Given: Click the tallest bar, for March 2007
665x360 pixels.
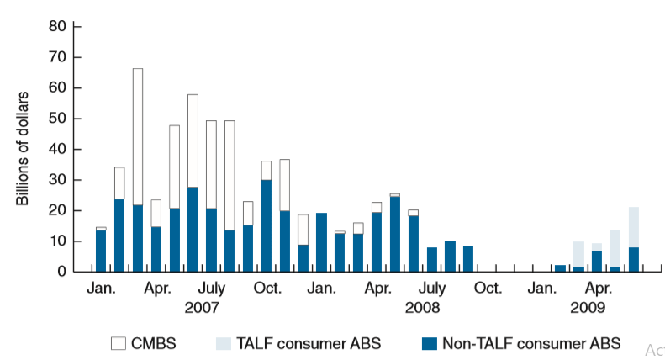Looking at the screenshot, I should pos(138,168).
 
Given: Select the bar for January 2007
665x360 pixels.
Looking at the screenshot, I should pos(101,251).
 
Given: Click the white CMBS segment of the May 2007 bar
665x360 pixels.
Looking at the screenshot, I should pos(174,167).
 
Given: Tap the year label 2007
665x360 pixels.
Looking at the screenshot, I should pos(202,307).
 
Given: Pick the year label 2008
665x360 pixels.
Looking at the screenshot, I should pos(421,307).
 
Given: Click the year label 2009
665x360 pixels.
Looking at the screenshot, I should pos(588,307).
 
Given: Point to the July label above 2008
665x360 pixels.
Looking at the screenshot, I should pos(431,289).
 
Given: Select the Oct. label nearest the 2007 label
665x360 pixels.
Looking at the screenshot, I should pos(267,289).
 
